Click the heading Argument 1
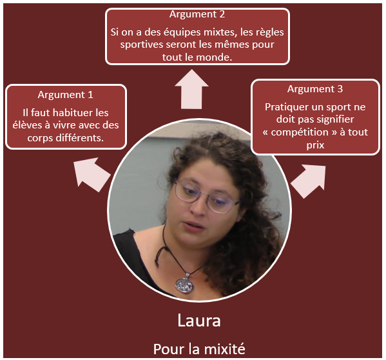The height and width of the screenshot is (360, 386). point(66,95)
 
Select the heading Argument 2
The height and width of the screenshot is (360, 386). point(197,14)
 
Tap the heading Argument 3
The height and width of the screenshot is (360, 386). point(315,88)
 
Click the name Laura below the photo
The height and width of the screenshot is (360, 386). point(199,321)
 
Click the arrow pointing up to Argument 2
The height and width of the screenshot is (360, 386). point(191,89)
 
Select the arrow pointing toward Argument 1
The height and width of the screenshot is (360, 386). point(92,174)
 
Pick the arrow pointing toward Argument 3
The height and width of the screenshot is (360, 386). point(309,181)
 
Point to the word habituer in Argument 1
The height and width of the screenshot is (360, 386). point(70,113)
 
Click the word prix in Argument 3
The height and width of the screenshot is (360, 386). point(315,145)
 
